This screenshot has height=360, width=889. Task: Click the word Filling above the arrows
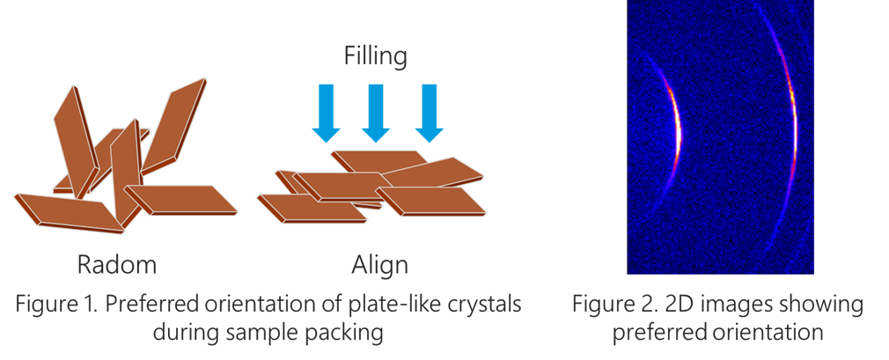[x=375, y=58]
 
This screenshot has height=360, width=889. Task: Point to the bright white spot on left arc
[x=677, y=132]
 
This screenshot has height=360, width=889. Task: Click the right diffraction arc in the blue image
[x=794, y=132]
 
